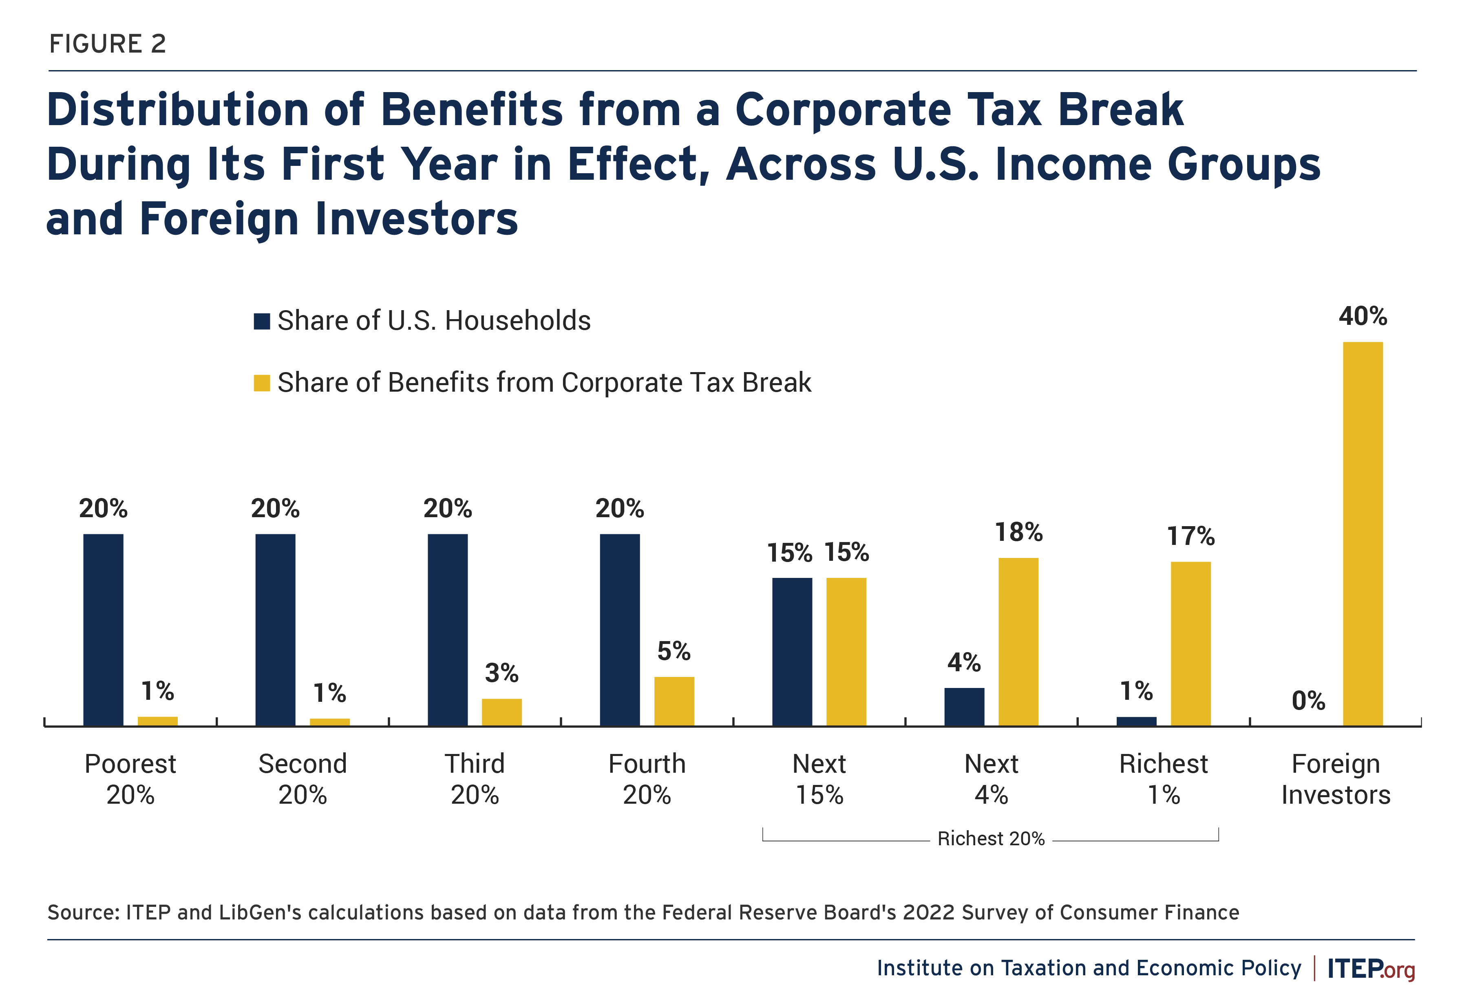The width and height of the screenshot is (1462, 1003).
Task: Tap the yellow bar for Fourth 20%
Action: pos(674,701)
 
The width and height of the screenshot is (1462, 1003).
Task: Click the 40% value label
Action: pos(1363,316)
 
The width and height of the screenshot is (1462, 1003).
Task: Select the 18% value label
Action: pos(1018,533)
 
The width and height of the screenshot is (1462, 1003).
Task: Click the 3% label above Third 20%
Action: pos(501,673)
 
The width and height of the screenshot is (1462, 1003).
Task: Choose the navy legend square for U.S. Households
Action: pos(262,321)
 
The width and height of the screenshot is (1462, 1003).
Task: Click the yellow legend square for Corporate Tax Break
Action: pos(262,383)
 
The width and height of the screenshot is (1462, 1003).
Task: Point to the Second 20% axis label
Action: pos(303,779)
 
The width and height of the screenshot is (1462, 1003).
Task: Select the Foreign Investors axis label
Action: pos(1336,779)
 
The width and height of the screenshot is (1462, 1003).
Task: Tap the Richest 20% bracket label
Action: pos(991,839)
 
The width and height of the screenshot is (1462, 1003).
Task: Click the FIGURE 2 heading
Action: pos(108,44)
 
